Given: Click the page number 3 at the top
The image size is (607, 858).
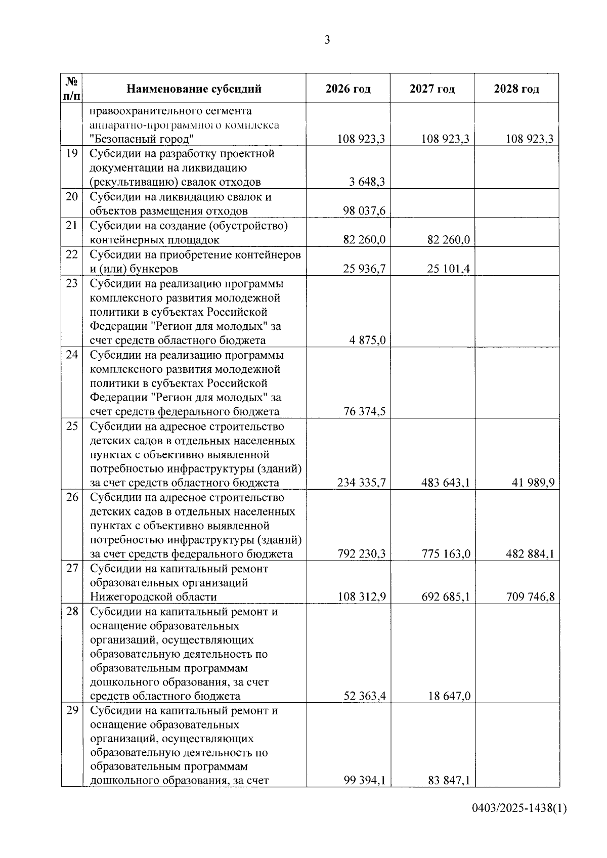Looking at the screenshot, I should pos(327,40).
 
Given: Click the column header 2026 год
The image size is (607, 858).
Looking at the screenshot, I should pos(348,89).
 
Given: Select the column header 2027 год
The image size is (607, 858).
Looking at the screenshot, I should pos(432,89).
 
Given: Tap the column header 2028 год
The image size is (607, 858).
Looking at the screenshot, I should pos(516,89).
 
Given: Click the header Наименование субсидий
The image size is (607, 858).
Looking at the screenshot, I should pos(194,89).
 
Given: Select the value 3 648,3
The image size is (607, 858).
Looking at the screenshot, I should pos(367,182).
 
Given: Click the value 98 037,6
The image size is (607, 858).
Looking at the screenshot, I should pos(364,210).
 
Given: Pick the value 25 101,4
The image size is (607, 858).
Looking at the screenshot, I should pos(448,268).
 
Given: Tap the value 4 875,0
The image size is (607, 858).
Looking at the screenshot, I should pos(367,340).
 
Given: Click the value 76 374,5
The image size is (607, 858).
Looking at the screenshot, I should pos(364,411).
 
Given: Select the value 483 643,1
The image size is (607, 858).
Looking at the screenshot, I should pos(446,483).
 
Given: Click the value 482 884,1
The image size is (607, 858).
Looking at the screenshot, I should pos(530,554).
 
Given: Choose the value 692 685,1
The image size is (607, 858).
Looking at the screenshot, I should pos(446,597).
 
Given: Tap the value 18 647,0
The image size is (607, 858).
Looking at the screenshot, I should pos(448,696).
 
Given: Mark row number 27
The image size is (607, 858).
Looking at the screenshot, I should pos(72,569).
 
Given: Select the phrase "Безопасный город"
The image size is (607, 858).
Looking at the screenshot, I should pos(143,139).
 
